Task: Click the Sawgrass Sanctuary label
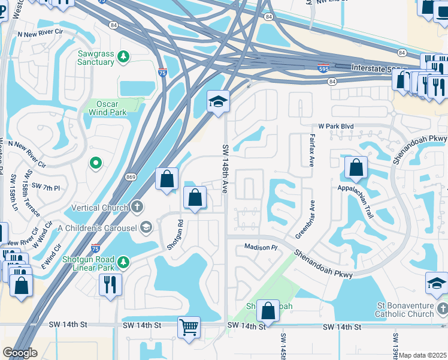coord(96,58)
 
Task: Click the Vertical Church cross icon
coord(137,208)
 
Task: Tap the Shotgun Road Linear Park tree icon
coord(123,262)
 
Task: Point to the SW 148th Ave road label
coord(225,169)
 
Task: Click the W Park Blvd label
coord(336,127)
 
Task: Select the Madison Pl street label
coord(261,247)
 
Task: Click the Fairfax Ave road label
coord(311,151)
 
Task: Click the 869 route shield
coord(131,176)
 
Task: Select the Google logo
coord(20,353)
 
